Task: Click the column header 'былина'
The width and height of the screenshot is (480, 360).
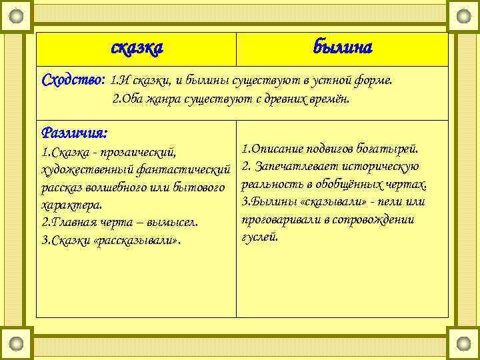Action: [343, 48]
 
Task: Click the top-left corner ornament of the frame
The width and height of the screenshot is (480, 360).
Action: [19, 15]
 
